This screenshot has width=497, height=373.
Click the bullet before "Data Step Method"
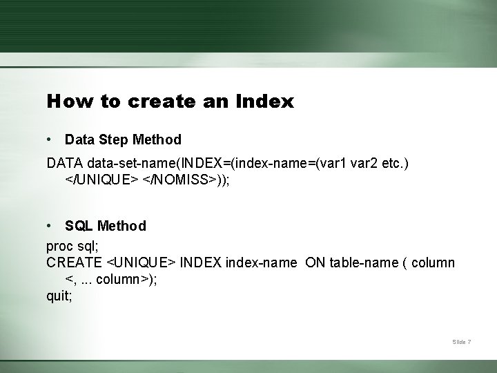[x=50, y=140]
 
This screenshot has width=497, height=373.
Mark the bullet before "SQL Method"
[x=50, y=226]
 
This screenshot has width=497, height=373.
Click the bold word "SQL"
[x=79, y=226]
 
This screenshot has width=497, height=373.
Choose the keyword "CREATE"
[x=75, y=262]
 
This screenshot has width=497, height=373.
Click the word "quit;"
[x=59, y=296]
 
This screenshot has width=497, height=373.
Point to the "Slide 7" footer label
[x=462, y=342]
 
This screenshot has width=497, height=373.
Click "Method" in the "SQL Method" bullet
[x=122, y=226]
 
